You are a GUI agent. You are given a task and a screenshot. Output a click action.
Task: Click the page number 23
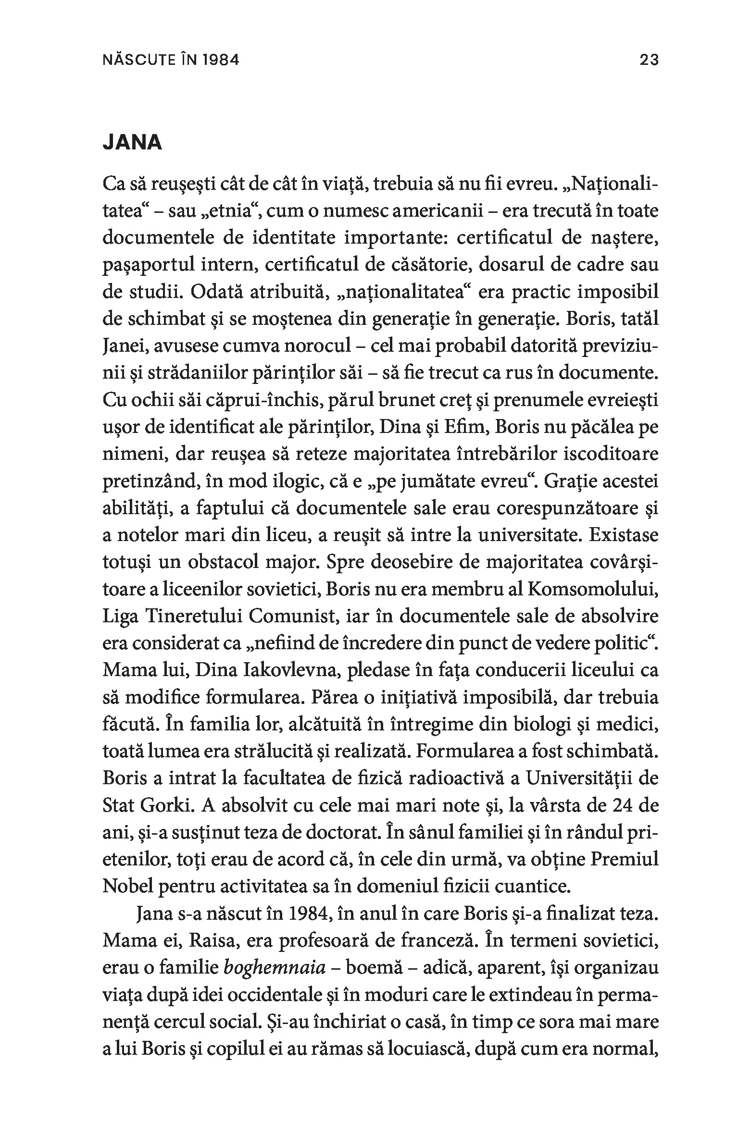pyautogui.click(x=649, y=60)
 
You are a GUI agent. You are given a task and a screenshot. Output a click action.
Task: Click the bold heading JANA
pyautogui.click(x=132, y=144)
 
